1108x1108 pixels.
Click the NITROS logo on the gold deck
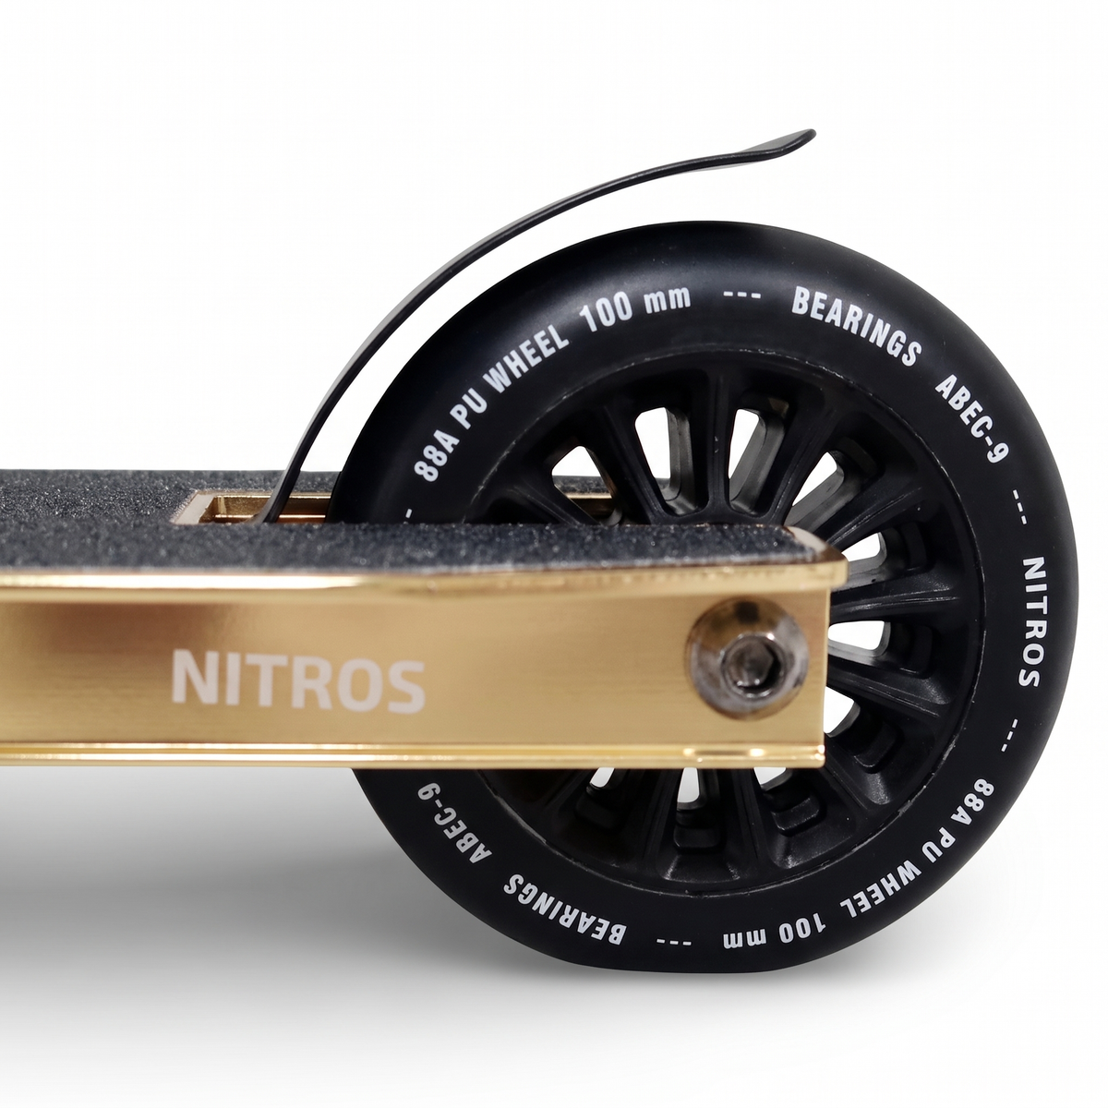point(298,681)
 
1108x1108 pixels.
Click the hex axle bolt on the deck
point(749,658)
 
